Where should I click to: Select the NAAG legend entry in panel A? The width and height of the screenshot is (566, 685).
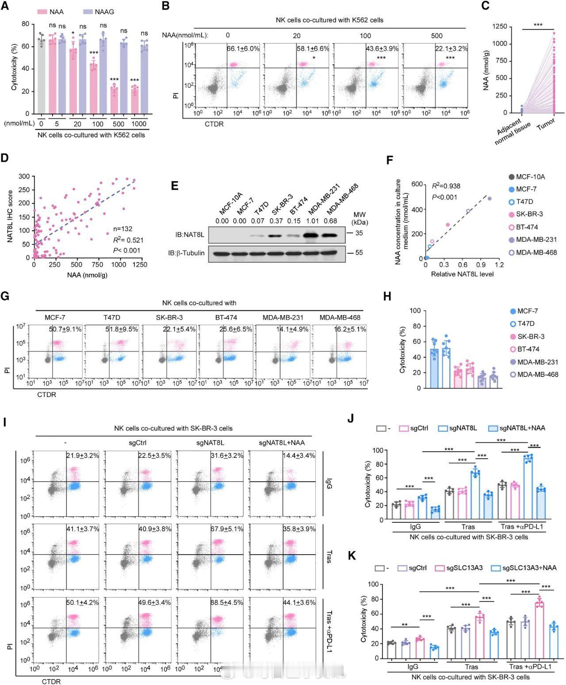tap(98, 11)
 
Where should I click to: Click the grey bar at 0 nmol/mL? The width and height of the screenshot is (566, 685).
tap(41, 75)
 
